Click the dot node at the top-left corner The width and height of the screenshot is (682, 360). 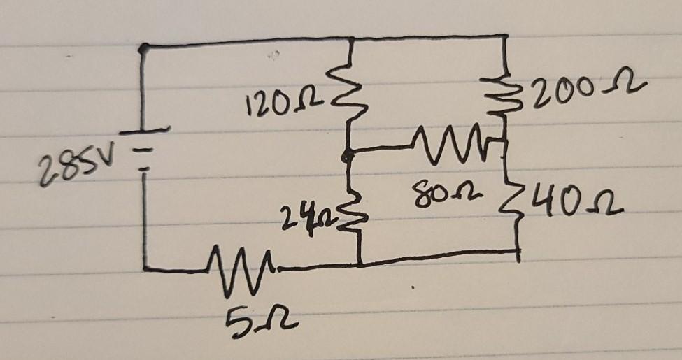[x=143, y=48]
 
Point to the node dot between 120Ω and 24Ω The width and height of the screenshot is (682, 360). [x=346, y=158]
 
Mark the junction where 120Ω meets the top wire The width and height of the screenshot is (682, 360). [x=349, y=41]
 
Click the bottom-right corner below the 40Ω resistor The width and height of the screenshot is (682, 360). [x=518, y=252]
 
